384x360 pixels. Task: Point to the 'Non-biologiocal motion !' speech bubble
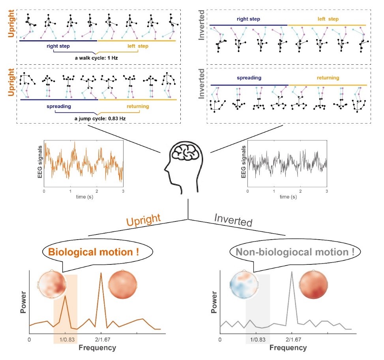[292, 251]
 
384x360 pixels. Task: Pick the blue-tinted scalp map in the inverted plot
[244, 285]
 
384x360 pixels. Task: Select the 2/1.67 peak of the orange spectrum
[101, 274]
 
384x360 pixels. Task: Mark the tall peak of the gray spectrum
[292, 273]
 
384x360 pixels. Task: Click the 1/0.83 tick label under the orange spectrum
[66, 339]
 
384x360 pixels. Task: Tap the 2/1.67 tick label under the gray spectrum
[292, 339]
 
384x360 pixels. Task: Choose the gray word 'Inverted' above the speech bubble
[233, 220]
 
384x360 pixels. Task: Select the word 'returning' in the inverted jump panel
[328, 78]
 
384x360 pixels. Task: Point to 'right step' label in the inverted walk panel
[249, 19]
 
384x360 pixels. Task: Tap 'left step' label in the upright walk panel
[138, 47]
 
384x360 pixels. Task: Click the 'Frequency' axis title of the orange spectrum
[97, 348]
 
